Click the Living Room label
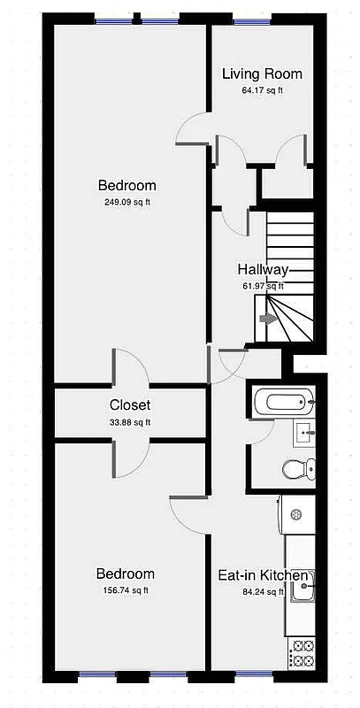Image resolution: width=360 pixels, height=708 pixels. click(x=261, y=73)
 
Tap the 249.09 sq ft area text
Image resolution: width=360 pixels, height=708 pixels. click(x=126, y=202)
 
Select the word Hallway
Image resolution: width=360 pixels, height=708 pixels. click(x=263, y=269)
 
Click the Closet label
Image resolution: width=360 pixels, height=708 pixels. click(x=129, y=405)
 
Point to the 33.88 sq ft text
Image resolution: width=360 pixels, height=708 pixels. click(x=129, y=422)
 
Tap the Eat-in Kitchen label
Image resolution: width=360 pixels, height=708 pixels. click(x=263, y=575)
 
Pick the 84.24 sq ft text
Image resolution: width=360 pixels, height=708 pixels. click(x=263, y=592)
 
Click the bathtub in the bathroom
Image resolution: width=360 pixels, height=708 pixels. click(x=281, y=404)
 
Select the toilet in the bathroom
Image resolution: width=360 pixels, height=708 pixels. click(x=298, y=467)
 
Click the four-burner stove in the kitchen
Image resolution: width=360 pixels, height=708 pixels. click(x=303, y=654)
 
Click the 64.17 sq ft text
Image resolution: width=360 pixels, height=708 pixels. click(x=262, y=90)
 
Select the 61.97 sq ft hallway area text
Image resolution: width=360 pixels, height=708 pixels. click(x=263, y=285)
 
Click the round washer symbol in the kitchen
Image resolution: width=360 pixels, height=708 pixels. click(x=297, y=513)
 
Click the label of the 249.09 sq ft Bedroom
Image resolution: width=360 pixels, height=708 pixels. click(x=126, y=185)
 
